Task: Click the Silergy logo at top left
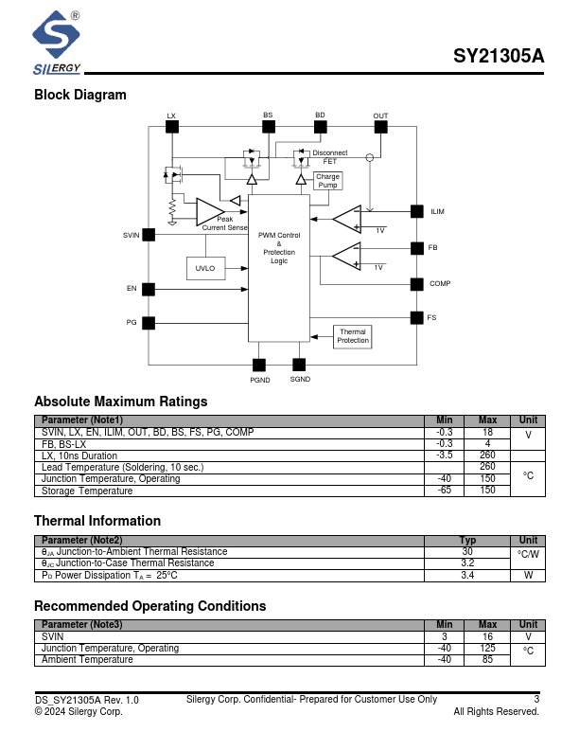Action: [x=57, y=43]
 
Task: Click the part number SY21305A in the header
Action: [x=499, y=56]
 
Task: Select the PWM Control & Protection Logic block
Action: [x=279, y=247]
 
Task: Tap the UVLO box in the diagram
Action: [x=205, y=269]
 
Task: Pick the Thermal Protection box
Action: [x=353, y=336]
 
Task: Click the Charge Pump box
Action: [x=327, y=181]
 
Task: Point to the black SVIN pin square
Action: [x=149, y=235]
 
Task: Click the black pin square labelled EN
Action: [x=149, y=288]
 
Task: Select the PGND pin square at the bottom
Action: [x=259, y=365]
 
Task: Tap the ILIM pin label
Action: [x=437, y=212]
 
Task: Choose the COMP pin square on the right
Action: [x=416, y=284]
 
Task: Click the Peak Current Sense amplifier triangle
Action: [x=207, y=212]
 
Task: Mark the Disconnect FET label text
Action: [x=329, y=157]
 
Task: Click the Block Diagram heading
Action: [x=80, y=95]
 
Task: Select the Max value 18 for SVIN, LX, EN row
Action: [x=487, y=432]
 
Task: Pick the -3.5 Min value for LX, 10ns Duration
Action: [x=445, y=455]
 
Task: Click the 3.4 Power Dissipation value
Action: [x=467, y=575]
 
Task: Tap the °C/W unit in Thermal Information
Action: [x=528, y=555]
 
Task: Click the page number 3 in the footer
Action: [x=536, y=700]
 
